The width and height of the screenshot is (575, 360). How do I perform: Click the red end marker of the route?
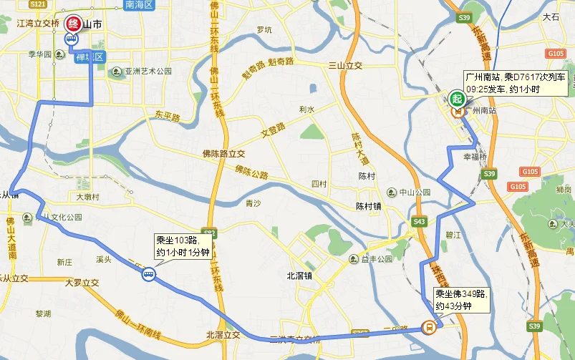click(73, 24)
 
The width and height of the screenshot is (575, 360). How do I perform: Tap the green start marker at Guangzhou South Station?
click(456, 97)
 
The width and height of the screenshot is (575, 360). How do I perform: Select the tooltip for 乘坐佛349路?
click(462, 299)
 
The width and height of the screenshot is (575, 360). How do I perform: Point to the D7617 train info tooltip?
click(506, 82)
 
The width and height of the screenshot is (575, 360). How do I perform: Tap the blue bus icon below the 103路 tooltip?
click(148, 273)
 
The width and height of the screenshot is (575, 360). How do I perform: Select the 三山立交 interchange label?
click(345, 65)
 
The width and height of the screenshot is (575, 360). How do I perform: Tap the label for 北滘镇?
click(299, 275)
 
